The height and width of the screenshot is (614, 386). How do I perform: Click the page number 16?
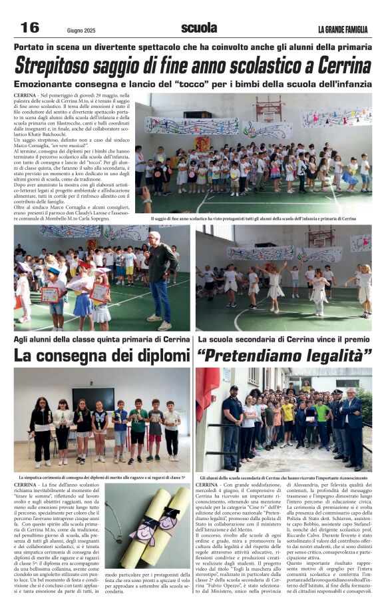(30, 27)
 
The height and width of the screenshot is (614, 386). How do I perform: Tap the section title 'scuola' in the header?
(199, 28)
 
